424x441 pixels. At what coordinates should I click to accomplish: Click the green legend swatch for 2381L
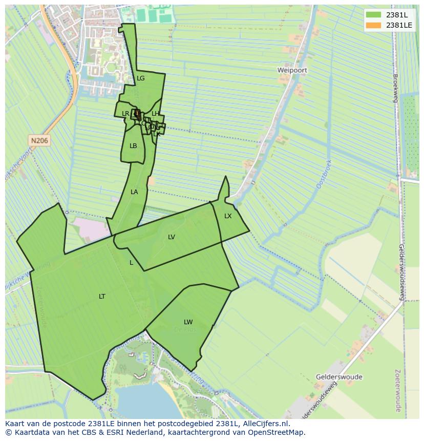coord(374,15)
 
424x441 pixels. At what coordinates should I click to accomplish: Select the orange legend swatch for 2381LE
coord(374,25)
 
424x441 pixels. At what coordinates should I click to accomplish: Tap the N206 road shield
coord(39,140)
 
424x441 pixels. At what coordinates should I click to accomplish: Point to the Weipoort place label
coord(292,70)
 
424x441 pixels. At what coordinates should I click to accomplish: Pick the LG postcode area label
coord(141,78)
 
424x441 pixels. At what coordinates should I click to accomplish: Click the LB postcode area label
coord(133,146)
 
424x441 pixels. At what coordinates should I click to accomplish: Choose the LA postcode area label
coord(134,192)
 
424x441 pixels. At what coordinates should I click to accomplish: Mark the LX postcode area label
coord(228,216)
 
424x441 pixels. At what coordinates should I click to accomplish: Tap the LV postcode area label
coord(172,237)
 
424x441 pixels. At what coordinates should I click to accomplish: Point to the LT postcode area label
coord(102,297)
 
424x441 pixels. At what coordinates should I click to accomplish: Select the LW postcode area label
coord(188,322)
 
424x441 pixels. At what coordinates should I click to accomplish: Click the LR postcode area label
coord(125,114)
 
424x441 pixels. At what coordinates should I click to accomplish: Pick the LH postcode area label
coord(155,114)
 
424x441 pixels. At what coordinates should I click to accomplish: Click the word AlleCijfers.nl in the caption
coord(266,424)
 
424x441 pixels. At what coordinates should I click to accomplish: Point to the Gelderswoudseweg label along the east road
coord(402,272)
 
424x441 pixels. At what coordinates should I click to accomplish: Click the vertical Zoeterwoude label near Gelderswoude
coord(398,390)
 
